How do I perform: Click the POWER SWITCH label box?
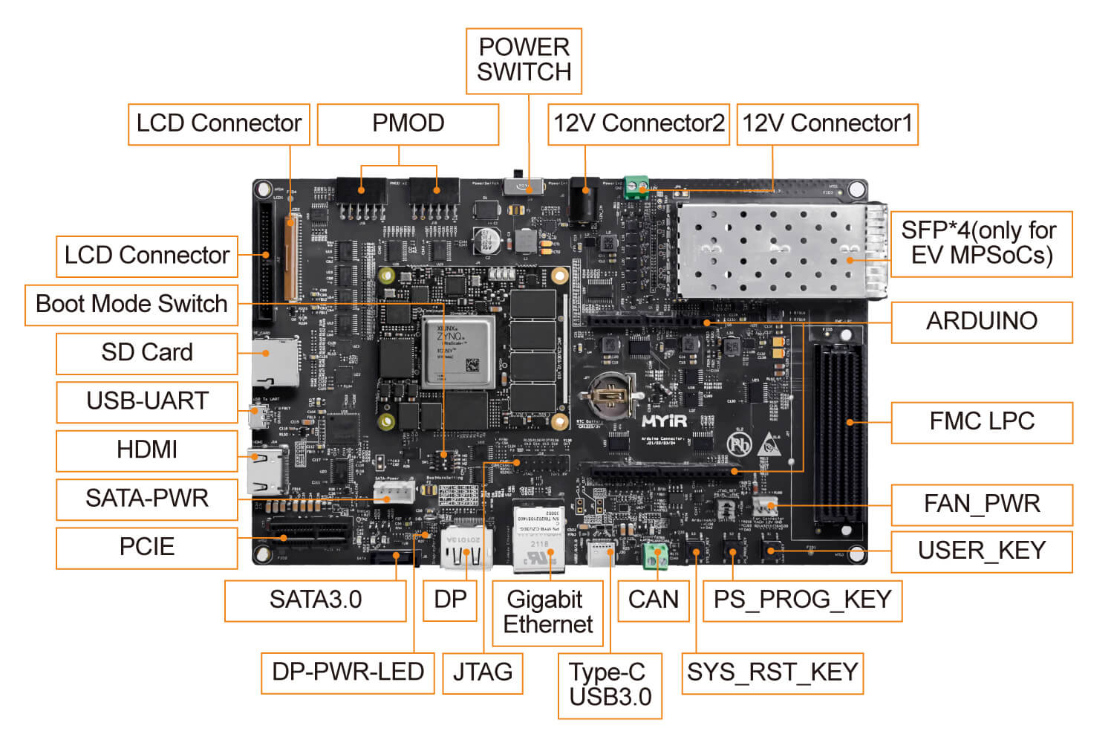[524, 61]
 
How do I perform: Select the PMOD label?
[408, 124]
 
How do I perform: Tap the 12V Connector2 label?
[639, 124]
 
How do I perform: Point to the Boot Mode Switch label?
[131, 305]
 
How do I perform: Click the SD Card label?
[147, 353]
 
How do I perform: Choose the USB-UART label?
[147, 401]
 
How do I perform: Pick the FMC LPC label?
[981, 422]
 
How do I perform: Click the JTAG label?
[483, 672]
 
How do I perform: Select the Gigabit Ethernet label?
[548, 612]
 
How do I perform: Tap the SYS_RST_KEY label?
[772, 672]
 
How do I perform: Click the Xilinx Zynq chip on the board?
[457, 351]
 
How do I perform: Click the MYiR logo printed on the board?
[664, 421]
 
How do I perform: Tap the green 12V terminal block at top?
[636, 186]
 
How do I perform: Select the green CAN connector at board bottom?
[654, 555]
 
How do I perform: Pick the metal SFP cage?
[780, 250]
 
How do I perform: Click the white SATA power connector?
[394, 492]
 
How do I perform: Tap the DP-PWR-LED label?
[348, 672]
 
